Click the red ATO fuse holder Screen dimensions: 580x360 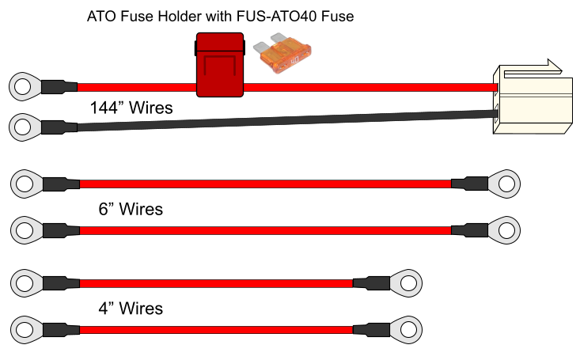220,65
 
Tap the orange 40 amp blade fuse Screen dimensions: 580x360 282,54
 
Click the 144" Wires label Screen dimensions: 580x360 131,108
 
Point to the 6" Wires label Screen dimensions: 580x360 131,209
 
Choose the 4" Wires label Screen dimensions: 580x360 131,309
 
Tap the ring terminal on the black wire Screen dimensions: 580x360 25,127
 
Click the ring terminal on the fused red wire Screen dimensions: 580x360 25,86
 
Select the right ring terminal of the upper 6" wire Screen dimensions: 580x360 505,184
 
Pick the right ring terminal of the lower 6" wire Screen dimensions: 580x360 505,230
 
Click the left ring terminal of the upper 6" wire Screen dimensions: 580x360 26,184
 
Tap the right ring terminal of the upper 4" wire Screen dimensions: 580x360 407,283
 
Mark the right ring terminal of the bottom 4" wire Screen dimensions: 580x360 407,330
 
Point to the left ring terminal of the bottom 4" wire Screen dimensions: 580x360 26,330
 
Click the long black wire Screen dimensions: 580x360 286,120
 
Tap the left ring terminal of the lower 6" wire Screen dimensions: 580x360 26,230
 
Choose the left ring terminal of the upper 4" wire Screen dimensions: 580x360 26,283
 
